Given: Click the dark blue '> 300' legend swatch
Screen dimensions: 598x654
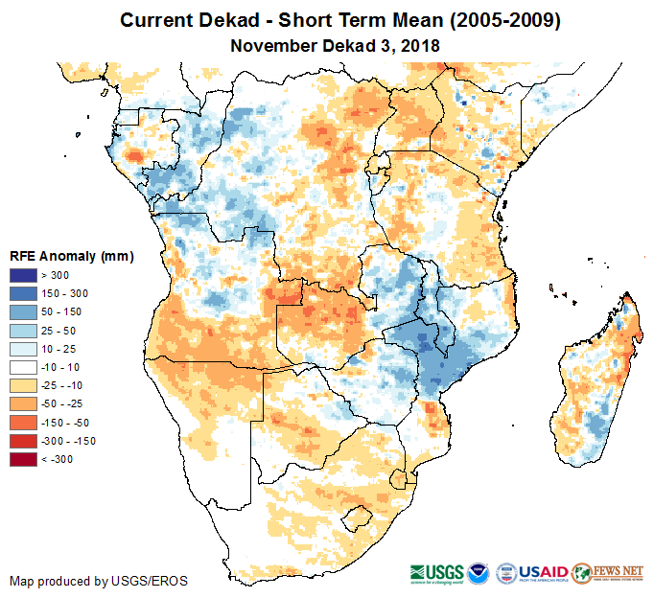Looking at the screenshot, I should point(22,276).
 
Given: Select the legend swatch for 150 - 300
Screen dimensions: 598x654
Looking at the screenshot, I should point(22,294).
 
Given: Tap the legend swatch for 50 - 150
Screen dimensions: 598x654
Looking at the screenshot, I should point(22,312).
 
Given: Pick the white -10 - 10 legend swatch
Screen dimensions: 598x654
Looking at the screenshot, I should point(22,367).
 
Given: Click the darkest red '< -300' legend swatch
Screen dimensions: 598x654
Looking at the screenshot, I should point(22,459).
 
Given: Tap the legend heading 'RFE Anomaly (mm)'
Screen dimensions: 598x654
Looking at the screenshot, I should point(71,256).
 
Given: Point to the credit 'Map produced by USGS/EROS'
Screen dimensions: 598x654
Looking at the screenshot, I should point(98,581).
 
